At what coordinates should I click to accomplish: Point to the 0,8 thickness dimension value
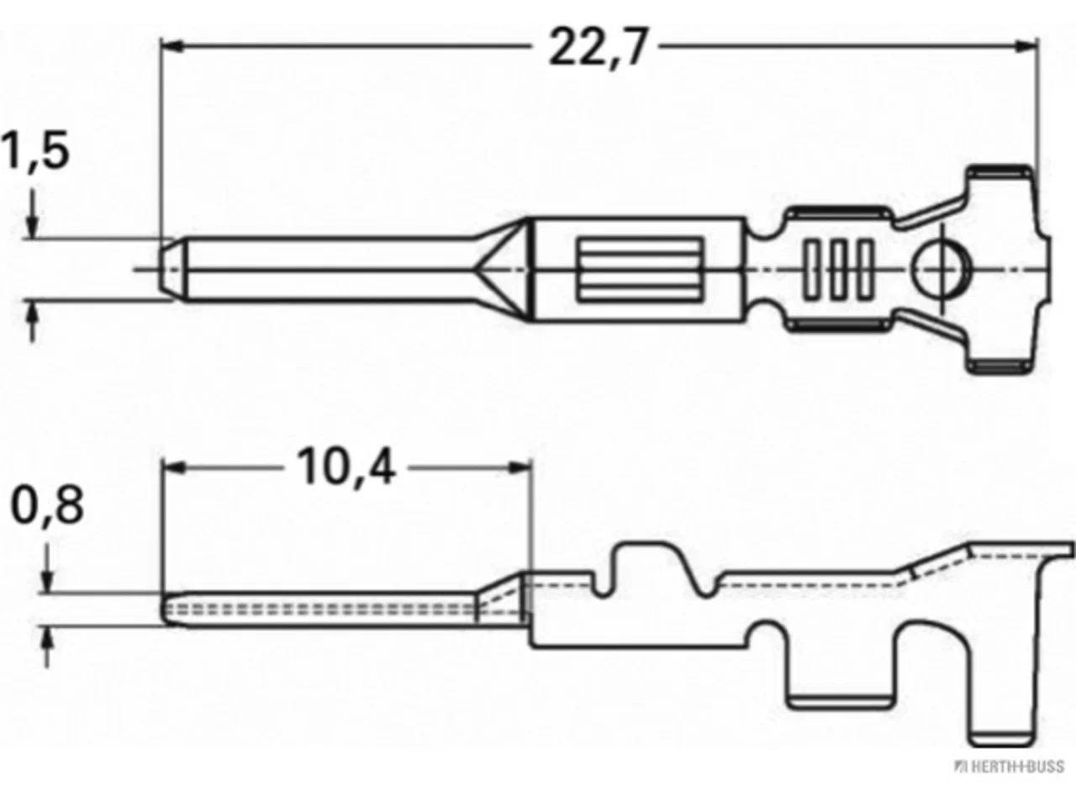(48, 505)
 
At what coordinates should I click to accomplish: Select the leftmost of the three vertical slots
(811, 269)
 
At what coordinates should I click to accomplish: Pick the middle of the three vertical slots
(839, 269)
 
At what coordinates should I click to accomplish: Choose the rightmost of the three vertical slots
(866, 269)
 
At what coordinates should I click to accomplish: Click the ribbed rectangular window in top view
(641, 269)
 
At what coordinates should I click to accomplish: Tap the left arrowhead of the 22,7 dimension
(172, 46)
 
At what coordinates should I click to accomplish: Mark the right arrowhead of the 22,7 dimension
(1026, 46)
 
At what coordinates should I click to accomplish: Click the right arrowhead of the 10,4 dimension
(520, 468)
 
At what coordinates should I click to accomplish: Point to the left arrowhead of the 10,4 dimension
(174, 468)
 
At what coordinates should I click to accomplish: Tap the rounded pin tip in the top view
(172, 269)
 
